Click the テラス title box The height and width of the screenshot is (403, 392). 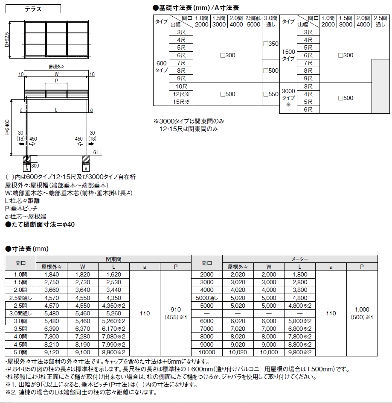pos(34,9)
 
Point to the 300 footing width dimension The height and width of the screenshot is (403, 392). pos(35,165)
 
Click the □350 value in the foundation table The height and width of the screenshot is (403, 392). pos(270,44)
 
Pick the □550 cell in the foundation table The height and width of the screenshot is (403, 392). pos(270,94)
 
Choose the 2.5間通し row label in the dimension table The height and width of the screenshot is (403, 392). pos(20,298)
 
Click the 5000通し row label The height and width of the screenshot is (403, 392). pos(207,298)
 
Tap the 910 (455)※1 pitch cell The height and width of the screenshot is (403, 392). pos(175,313)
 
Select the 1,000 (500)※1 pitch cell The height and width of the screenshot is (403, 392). pos(362,313)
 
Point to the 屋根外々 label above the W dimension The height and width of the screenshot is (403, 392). pos(56,67)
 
